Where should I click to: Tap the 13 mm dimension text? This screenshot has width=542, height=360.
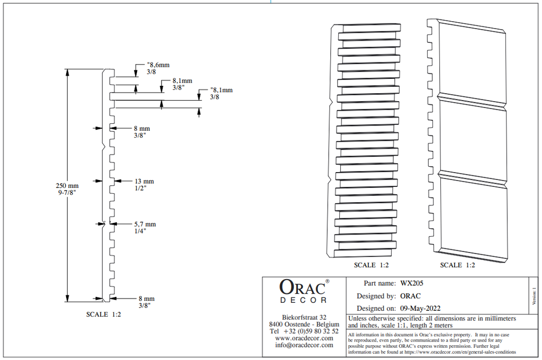144,181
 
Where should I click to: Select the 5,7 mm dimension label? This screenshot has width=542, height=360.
145,224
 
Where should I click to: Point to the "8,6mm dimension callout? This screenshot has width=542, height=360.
158,65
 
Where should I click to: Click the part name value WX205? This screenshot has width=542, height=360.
412,283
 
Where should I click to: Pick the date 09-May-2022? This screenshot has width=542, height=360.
420,309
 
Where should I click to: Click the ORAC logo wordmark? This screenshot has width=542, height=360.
302,287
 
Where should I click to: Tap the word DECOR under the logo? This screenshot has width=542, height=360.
303,300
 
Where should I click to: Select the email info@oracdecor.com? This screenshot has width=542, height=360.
304,345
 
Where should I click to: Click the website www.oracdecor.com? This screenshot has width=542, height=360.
304,338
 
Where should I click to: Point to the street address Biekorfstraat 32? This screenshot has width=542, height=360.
304,317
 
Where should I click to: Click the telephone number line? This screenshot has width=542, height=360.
304,331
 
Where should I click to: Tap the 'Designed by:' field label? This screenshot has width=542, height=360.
376,296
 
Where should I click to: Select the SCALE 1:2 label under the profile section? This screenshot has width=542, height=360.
104,314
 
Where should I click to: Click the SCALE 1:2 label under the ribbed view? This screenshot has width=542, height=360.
371,265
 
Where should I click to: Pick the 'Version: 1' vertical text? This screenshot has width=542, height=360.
535,296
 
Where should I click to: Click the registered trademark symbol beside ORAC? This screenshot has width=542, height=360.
327,282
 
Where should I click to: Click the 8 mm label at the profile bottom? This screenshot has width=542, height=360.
147,299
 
